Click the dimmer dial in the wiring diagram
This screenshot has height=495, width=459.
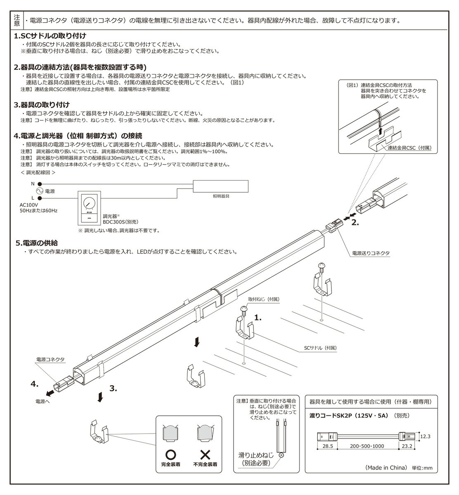[89, 203]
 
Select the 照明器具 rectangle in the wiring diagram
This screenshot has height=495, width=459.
[221, 186]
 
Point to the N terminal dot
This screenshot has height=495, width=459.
[40, 184]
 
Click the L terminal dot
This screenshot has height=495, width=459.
[40, 198]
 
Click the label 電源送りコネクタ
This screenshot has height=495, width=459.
[371, 253]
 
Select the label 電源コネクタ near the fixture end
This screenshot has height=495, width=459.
[50, 360]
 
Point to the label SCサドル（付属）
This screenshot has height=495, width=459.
[317, 348]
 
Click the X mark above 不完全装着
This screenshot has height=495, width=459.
[205, 454]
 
